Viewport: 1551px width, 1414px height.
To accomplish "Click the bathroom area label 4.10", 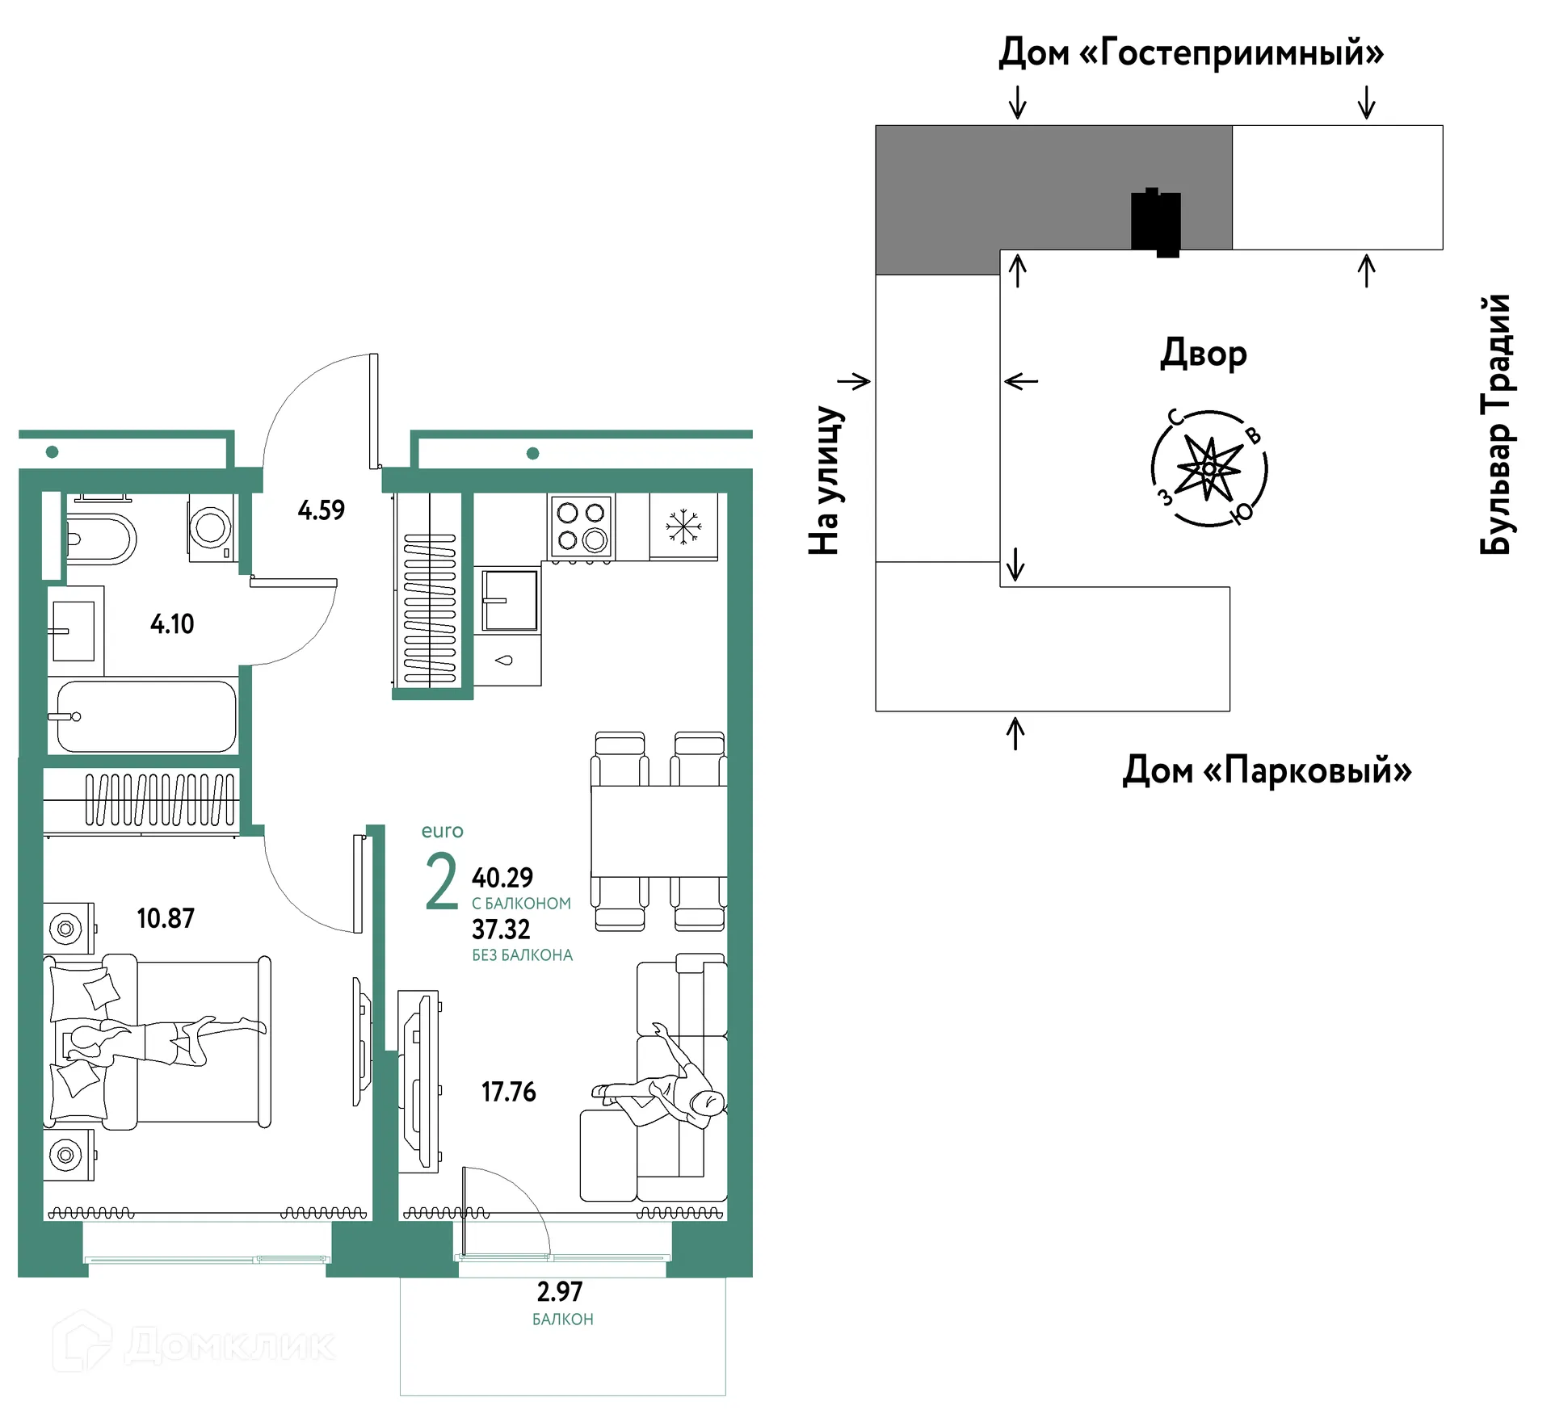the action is pyautogui.click(x=172, y=623).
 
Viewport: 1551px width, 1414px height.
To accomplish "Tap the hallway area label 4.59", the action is pyautogui.click(x=321, y=510).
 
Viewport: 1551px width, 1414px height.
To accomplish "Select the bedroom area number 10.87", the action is pyautogui.click(x=166, y=918).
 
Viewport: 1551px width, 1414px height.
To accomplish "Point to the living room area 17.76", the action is pyautogui.click(x=508, y=1092).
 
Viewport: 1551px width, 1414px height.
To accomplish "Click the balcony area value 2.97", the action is pyautogui.click(x=559, y=1291).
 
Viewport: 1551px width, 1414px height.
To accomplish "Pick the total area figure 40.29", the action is pyautogui.click(x=502, y=877).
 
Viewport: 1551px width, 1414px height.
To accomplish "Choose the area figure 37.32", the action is pyautogui.click(x=501, y=929).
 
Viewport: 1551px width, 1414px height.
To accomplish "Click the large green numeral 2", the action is pyautogui.click(x=442, y=881).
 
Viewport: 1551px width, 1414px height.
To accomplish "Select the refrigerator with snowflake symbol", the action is pyautogui.click(x=683, y=526).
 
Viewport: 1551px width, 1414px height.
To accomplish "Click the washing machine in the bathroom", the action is pyautogui.click(x=211, y=527).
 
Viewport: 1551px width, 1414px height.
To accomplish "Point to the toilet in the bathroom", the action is pyautogui.click(x=101, y=539).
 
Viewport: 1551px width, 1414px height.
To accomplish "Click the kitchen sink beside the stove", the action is pyautogui.click(x=510, y=600).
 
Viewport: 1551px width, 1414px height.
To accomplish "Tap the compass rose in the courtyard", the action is pyautogui.click(x=1208, y=468).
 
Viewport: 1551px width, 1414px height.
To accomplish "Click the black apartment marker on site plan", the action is pyautogui.click(x=1156, y=221).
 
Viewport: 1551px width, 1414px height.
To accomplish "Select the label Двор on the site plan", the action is pyautogui.click(x=1204, y=354).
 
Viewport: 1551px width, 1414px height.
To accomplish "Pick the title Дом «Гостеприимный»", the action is pyautogui.click(x=1192, y=53).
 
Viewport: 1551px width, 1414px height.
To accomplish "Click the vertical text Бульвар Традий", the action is pyautogui.click(x=1495, y=425).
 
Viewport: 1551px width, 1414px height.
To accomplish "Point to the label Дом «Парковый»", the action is pyautogui.click(x=1267, y=770).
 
